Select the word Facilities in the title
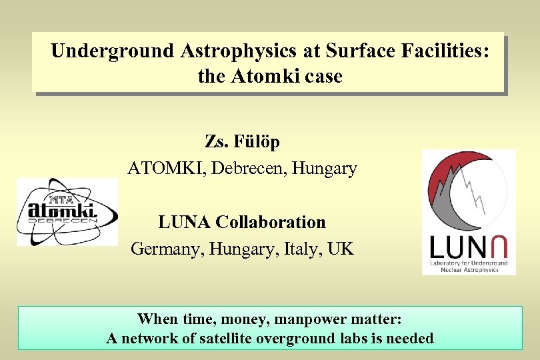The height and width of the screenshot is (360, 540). point(444,51)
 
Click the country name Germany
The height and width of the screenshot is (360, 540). point(166,249)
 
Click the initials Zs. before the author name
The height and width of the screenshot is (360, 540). point(216,142)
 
